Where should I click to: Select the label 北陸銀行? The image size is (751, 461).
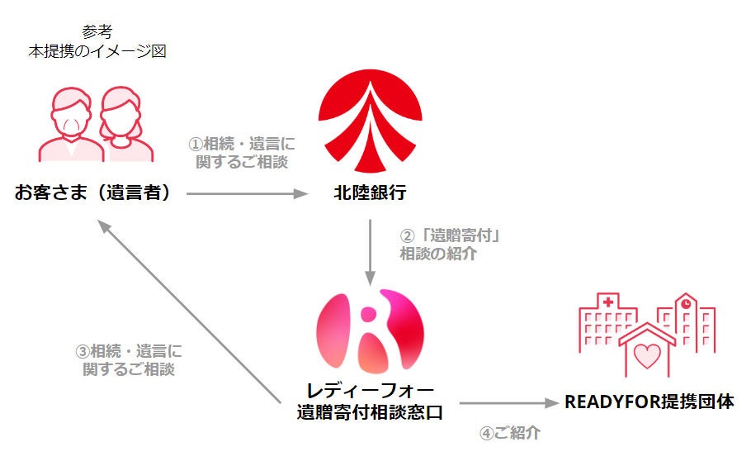[369, 193]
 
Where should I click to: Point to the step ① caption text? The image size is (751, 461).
[242, 153]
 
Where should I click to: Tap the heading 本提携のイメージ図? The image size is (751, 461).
[96, 51]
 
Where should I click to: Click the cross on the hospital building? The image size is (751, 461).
[607, 302]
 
